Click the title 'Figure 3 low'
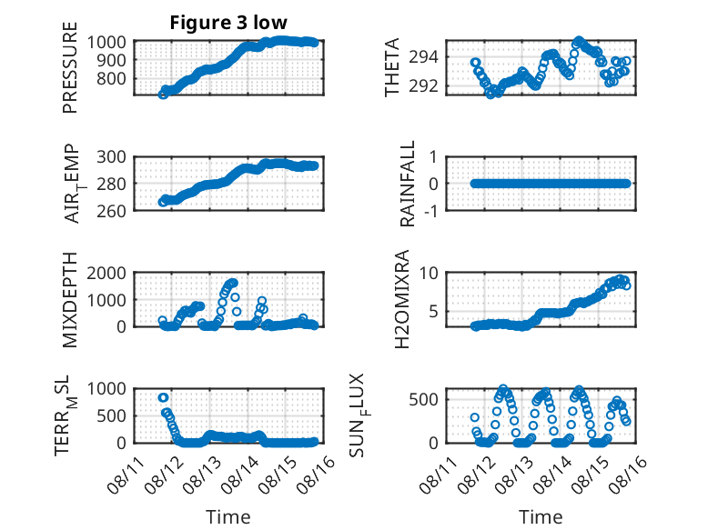pyautogui.click(x=228, y=23)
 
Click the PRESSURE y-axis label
pyautogui.click(x=70, y=67)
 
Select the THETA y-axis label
pyautogui.click(x=392, y=67)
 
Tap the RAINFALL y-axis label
pyautogui.click(x=408, y=184)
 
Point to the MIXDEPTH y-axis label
pyautogui.click(x=70, y=300)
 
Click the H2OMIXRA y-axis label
pyautogui.click(x=401, y=299)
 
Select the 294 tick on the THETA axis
pyautogui.click(x=423, y=57)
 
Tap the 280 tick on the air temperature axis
pyautogui.click(x=111, y=184)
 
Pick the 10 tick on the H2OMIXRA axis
pyautogui.click(x=429, y=273)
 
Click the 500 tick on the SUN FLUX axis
pyautogui.click(x=423, y=400)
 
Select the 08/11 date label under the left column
pyautogui.click(x=125, y=475)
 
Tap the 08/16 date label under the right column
pyautogui.click(x=627, y=475)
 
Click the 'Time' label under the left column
pyautogui.click(x=228, y=516)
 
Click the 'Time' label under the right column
pyautogui.click(x=541, y=516)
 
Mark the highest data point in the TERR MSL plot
pyautogui.click(x=164, y=397)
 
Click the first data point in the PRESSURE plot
pyautogui.click(x=163, y=95)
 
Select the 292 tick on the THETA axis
pyautogui.click(x=423, y=86)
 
